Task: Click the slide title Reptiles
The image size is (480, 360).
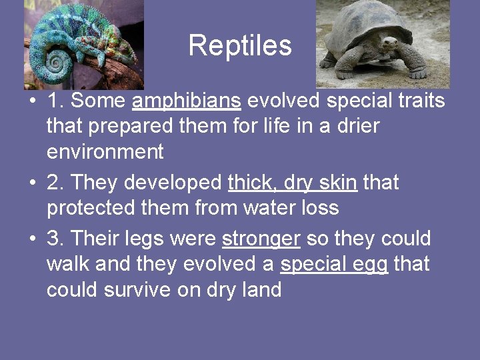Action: pyautogui.click(x=240, y=46)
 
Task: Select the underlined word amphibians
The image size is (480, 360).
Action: pyautogui.click(x=187, y=101)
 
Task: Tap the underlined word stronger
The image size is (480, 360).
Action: pyautogui.click(x=261, y=239)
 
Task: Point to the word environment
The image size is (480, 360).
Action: pyautogui.click(x=105, y=152)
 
